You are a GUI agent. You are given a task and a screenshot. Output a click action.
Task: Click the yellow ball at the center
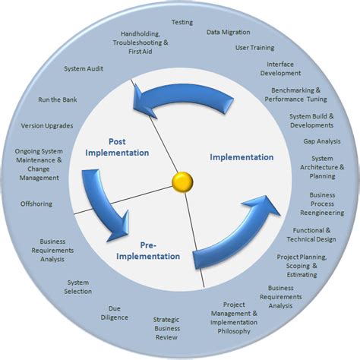pos(182,181)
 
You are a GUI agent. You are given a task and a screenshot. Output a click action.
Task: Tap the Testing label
pos(182,22)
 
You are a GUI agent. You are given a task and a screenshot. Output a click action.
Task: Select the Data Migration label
pos(228,33)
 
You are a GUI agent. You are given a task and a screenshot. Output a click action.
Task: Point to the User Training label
pos(254,47)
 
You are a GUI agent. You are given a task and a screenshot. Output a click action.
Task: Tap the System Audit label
pos(84,69)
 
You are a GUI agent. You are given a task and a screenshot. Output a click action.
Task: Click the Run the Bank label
pos(58,99)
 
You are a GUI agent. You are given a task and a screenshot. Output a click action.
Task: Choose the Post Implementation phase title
pos(117,147)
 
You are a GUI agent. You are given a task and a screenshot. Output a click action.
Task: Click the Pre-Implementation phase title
pos(149,251)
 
